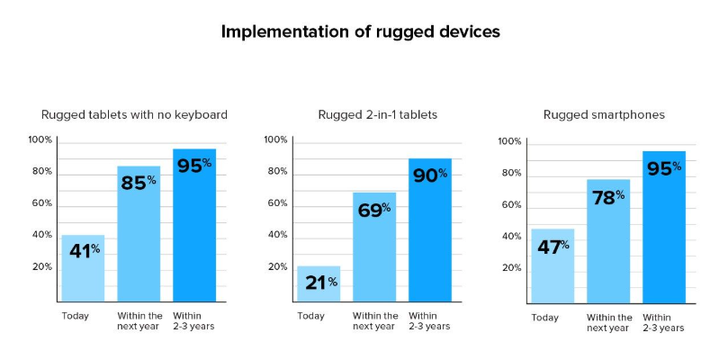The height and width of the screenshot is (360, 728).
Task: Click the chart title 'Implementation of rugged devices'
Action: [x=360, y=32]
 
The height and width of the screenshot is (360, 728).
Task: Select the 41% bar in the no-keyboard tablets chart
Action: [x=83, y=268]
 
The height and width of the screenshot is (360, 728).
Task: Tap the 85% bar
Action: [x=139, y=234]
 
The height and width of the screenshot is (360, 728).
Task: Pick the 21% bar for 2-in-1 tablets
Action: [x=319, y=283]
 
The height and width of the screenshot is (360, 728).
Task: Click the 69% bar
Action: [x=374, y=247]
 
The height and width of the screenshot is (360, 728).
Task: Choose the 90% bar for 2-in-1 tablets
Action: [x=430, y=229]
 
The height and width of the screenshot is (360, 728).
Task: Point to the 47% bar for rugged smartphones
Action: [x=553, y=266]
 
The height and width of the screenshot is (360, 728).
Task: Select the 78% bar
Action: [x=608, y=241]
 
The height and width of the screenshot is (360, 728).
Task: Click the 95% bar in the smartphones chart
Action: [x=664, y=227]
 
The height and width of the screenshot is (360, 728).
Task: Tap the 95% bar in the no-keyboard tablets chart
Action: [x=194, y=225]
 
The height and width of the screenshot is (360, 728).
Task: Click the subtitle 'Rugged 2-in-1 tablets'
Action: [x=378, y=114]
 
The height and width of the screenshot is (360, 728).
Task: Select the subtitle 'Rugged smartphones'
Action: [x=604, y=114]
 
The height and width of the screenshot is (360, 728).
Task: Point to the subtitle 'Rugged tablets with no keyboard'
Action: [x=135, y=114]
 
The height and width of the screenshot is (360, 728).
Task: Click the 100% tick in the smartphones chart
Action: [x=510, y=141]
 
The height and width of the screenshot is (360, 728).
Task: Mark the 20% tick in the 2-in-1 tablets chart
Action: [x=278, y=267]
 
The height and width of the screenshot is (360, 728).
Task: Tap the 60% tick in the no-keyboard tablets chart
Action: [x=41, y=203]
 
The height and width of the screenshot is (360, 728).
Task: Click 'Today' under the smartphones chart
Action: [x=545, y=319]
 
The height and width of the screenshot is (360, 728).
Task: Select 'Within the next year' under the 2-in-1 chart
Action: [x=375, y=321]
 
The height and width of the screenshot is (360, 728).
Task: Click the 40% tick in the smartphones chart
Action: [x=511, y=237]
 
